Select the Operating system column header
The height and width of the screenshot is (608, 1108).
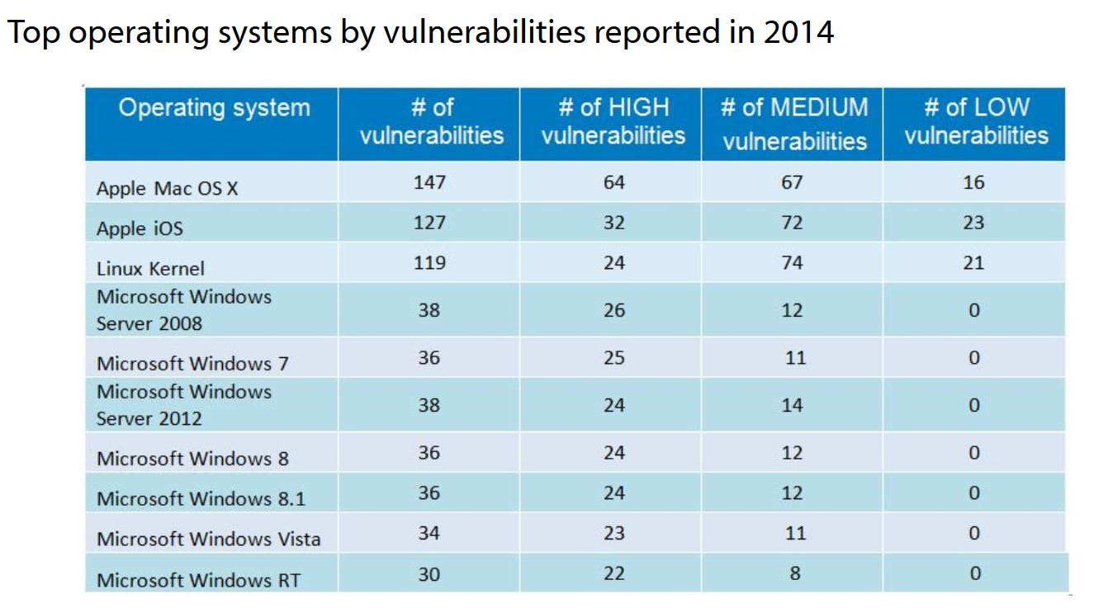[214, 108]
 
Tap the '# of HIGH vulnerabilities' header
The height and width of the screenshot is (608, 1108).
[613, 121]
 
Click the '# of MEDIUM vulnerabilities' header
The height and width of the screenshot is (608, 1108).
[794, 123]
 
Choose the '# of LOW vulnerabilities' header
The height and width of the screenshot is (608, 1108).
[976, 121]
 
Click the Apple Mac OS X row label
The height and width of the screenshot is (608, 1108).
[168, 188]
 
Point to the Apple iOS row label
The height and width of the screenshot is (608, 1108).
[140, 229]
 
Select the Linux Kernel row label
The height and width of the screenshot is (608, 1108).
[150, 268]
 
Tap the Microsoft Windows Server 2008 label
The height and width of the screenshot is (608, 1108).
[183, 310]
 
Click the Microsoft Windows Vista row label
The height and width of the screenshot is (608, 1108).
[208, 539]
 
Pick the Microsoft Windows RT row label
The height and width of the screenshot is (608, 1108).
[198, 580]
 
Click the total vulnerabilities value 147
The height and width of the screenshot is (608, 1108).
[429, 181]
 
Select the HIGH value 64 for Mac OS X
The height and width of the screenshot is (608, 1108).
[613, 181]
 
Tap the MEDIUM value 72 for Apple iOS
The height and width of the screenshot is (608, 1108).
[792, 223]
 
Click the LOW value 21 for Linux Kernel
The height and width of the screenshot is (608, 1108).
[973, 263]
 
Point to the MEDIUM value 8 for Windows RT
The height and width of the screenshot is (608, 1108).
[794, 573]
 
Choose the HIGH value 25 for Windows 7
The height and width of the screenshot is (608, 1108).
[613, 358]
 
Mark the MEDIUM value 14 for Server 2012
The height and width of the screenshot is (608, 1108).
[792, 405]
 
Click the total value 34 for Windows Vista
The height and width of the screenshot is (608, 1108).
[429, 533]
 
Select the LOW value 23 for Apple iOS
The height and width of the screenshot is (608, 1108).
[973, 223]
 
